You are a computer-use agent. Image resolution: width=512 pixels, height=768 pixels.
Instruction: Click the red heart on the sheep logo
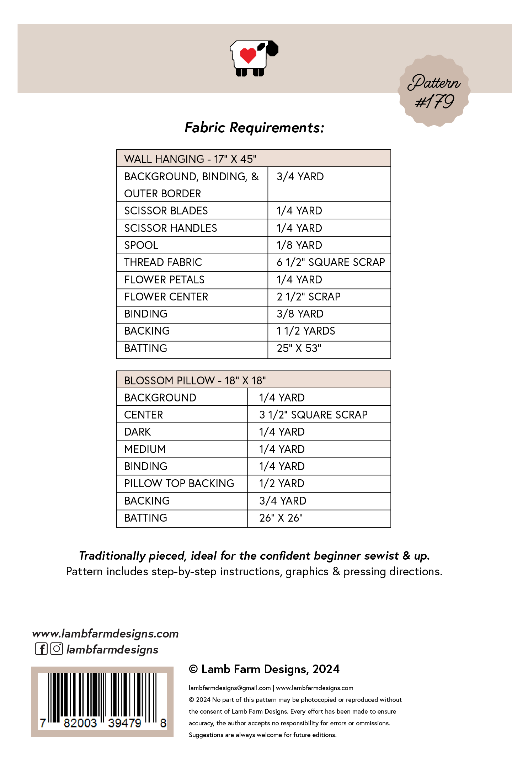[248, 55]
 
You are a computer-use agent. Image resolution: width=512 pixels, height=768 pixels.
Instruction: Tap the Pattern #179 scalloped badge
[434, 91]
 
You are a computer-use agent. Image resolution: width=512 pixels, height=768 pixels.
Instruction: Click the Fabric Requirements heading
[254, 128]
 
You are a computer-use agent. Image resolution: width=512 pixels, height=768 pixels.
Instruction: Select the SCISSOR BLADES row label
[166, 211]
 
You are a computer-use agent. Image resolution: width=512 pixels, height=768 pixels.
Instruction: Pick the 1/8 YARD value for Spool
[299, 245]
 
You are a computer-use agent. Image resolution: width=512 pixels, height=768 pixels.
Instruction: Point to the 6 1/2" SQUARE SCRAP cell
[331, 262]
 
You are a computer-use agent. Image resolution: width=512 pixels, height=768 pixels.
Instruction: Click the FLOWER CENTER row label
[166, 297]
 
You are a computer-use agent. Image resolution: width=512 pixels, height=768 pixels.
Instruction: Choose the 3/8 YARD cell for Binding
[300, 314]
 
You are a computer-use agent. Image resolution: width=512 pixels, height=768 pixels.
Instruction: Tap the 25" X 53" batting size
[299, 348]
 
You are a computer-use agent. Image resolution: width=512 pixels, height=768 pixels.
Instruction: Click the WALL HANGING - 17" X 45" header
[190, 159]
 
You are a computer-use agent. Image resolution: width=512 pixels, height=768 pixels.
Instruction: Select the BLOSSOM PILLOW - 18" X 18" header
[195, 381]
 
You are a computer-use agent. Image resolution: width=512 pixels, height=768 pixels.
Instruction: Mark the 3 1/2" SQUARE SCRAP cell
[313, 415]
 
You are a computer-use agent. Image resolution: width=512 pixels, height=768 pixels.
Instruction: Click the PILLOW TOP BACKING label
[179, 484]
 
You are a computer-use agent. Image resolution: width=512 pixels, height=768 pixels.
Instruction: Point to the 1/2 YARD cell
[282, 484]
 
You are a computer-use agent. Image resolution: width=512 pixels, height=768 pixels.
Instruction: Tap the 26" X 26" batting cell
[281, 518]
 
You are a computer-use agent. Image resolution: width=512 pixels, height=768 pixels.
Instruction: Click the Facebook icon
[41, 649]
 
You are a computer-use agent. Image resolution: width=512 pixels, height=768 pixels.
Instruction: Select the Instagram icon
[57, 649]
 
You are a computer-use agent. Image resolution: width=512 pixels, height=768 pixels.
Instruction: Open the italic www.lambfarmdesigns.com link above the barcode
[105, 634]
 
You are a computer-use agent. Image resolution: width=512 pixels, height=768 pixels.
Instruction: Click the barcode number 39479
[124, 723]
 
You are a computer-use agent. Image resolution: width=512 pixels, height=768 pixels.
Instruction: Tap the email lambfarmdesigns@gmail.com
[230, 688]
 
